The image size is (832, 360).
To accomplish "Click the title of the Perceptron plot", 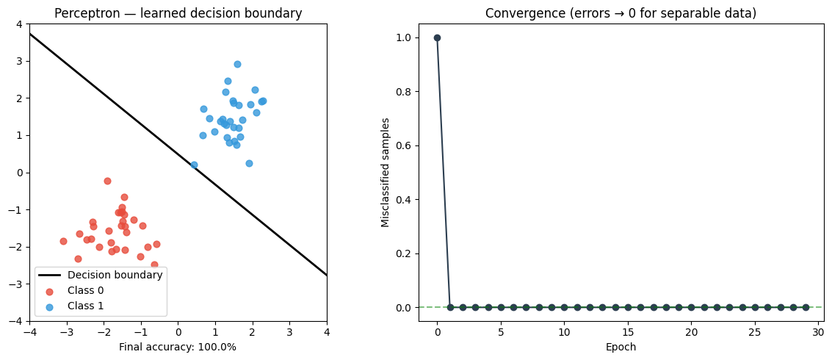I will point(178,13).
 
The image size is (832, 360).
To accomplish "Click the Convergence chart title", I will point(621,13).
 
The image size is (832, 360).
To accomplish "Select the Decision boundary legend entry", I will point(115,275).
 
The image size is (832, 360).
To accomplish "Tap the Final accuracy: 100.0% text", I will point(178,347).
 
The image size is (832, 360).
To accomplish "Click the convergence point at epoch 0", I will point(437,37).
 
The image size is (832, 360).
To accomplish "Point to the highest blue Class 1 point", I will point(237,64).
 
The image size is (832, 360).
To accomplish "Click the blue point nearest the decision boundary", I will point(194,165).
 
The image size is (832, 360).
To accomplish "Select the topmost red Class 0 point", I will point(107,181).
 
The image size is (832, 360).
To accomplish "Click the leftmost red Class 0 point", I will point(63,241).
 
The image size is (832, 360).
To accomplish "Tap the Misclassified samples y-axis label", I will point(386,172).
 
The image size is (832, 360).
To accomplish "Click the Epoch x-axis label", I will point(621,347).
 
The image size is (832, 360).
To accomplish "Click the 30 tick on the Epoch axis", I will point(818,332).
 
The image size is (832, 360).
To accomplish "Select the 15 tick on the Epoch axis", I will point(628,332).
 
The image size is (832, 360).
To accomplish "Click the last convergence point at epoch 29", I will point(806,307).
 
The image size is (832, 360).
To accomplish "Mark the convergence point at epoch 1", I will point(450,307).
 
